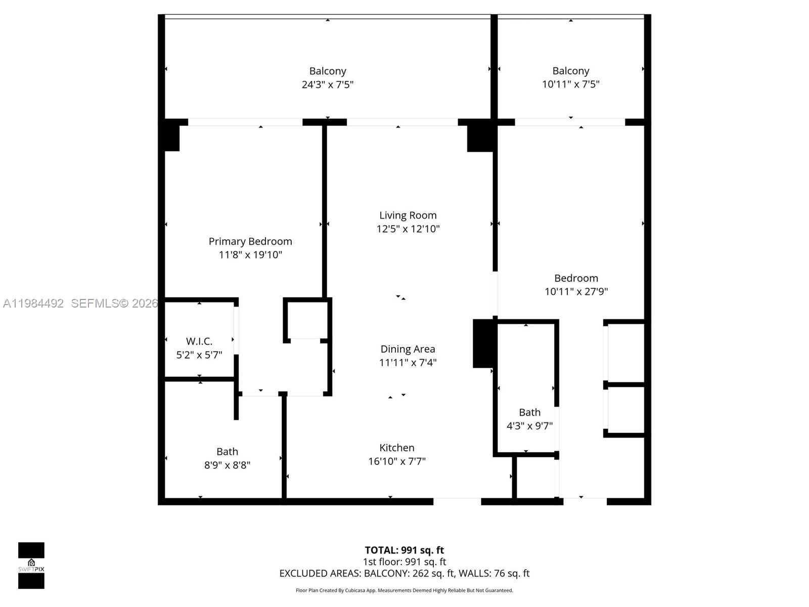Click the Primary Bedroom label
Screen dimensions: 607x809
point(250,241)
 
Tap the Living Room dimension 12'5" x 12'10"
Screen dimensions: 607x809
point(408,229)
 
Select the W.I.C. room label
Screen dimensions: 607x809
point(199,341)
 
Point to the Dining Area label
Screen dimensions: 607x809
point(408,349)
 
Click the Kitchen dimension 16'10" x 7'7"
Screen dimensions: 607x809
point(397,461)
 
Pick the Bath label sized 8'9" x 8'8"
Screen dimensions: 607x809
point(227,452)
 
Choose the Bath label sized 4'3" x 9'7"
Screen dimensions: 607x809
point(529,412)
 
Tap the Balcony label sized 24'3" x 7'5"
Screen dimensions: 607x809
point(328,71)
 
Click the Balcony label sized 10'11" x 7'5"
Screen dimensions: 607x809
point(570,71)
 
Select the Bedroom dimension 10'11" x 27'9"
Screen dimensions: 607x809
point(576,291)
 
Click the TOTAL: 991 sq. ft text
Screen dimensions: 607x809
point(404,550)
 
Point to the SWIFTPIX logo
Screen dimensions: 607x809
point(31,565)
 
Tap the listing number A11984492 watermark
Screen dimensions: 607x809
point(33,303)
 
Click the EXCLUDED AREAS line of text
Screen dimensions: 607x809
point(404,573)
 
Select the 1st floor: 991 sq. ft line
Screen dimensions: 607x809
point(404,561)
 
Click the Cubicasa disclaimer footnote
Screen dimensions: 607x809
point(404,590)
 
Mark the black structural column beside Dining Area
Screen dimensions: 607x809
point(484,343)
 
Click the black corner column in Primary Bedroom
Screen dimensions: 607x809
point(171,136)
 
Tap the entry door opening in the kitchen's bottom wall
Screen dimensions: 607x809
point(457,501)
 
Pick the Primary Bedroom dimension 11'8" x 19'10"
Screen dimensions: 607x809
point(250,255)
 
